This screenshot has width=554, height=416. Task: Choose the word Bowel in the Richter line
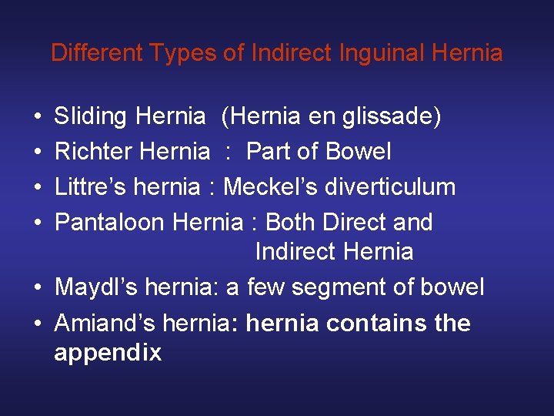[359, 152]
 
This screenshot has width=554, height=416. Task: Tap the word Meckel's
[274, 187]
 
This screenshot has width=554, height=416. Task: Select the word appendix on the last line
[108, 353]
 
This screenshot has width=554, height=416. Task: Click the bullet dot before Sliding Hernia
[38, 118]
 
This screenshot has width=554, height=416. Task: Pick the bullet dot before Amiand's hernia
[38, 324]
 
